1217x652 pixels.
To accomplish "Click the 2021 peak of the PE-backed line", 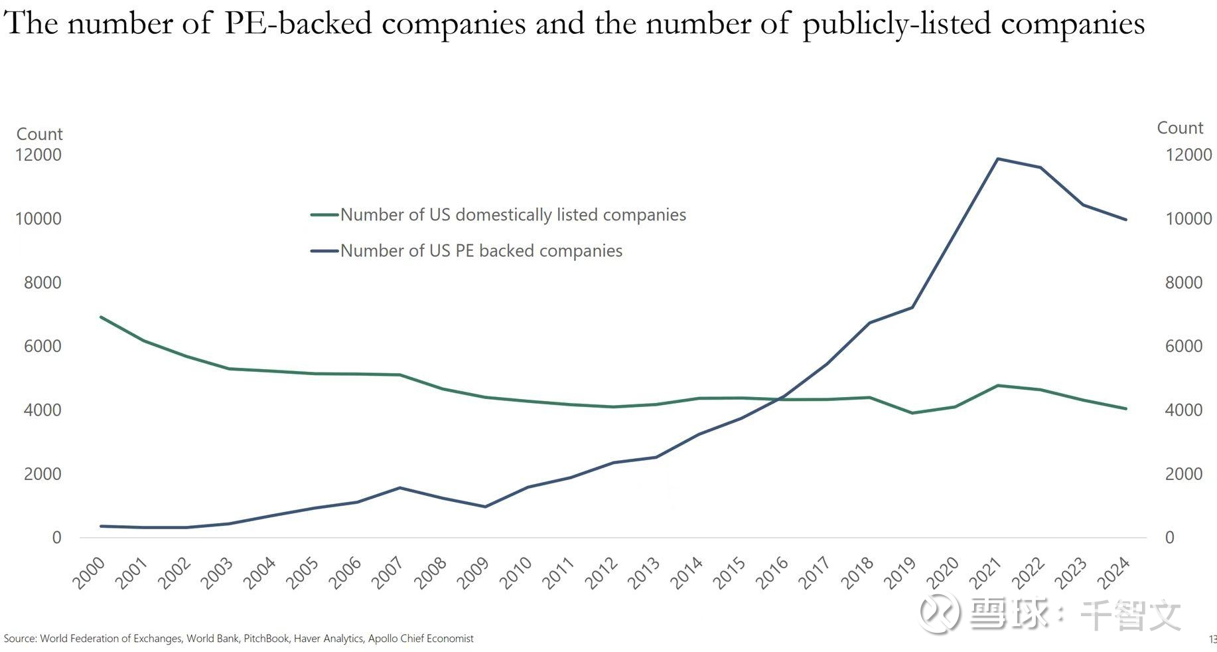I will click(997, 159).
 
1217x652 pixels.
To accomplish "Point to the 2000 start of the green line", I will click(101, 317).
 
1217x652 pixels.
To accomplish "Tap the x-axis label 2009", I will click(473, 573).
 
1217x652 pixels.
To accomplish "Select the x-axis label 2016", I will click(772, 573).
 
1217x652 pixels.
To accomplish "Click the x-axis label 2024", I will click(1113, 573).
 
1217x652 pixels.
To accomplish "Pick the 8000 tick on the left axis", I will click(42, 283).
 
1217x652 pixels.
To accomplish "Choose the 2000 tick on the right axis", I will click(1183, 474).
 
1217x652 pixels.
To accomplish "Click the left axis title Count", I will click(39, 134).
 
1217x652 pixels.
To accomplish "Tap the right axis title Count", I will click(1179, 128).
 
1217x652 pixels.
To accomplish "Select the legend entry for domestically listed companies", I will click(512, 215).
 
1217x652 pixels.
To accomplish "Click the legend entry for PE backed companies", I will click(480, 251).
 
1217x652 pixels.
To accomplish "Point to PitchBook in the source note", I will click(266, 639).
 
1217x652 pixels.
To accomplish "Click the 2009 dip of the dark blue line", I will click(485, 507).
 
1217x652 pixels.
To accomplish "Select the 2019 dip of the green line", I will click(912, 413).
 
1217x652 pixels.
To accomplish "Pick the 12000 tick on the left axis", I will click(38, 155).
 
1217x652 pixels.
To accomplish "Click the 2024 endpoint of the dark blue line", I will click(1126, 219).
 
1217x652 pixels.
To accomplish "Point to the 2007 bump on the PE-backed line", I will click(399, 488).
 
